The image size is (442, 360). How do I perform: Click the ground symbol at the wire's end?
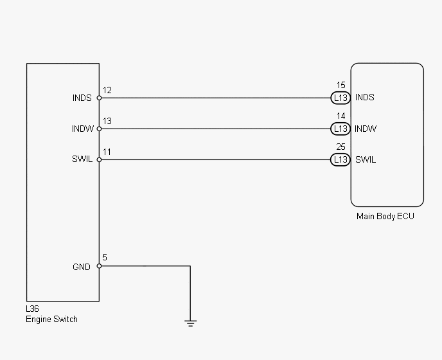tap(190, 323)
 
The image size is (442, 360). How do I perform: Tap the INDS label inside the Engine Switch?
tap(82, 98)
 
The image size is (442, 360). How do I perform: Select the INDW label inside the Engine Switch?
tap(83, 129)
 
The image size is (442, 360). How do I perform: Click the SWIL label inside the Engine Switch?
tap(82, 159)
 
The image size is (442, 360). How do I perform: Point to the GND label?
tap(82, 267)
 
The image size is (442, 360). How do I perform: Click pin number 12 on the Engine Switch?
tap(107, 90)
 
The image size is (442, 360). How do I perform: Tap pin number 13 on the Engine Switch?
tap(107, 121)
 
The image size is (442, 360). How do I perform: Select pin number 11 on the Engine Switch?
tap(107, 152)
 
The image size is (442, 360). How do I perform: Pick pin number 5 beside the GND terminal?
tap(105, 257)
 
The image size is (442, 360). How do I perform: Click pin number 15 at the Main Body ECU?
tap(340, 85)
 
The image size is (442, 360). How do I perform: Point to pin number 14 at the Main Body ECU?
tap(340, 116)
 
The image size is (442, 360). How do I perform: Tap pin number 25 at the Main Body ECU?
tap(340, 147)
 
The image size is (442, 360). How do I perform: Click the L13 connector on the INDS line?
tap(340, 98)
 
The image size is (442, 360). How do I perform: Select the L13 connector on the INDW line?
tap(340, 129)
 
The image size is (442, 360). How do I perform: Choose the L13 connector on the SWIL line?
tap(340, 159)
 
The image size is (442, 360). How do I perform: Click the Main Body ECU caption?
tap(385, 217)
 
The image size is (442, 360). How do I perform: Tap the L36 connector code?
tap(32, 309)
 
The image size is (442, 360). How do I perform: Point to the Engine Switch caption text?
tap(51, 319)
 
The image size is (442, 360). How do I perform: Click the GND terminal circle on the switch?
tap(99, 266)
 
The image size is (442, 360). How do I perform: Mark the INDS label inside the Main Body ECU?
tap(365, 97)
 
